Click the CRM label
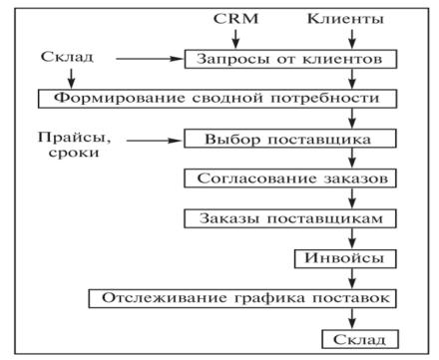[x=235, y=19]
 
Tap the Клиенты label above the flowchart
[x=345, y=19]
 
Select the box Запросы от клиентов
[x=290, y=59]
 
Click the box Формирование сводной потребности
[x=218, y=99]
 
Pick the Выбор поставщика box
[x=290, y=139]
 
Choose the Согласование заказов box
[x=290, y=179]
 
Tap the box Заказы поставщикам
[x=290, y=218]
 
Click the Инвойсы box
[x=345, y=258]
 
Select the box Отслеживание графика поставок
[x=242, y=298]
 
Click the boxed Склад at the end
[x=360, y=339]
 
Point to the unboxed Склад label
[x=67, y=57]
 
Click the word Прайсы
[x=74, y=138]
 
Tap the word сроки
[x=74, y=153]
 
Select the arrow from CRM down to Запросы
[x=235, y=39]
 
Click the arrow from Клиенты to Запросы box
[x=352, y=39]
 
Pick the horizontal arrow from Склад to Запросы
[x=150, y=59]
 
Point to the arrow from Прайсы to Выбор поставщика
[x=155, y=141]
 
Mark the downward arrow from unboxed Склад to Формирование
[x=72, y=79]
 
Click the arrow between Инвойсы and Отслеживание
[x=352, y=278]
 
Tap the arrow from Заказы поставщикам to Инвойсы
[x=352, y=238]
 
